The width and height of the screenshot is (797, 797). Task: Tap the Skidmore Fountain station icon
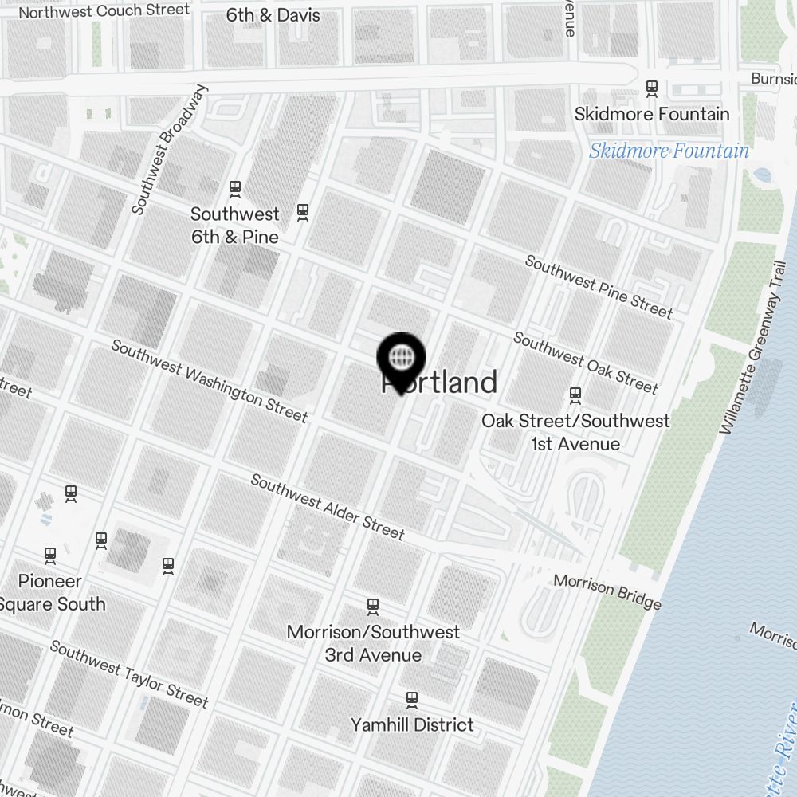[x=652, y=88]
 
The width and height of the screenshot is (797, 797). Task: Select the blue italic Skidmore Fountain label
[x=669, y=151]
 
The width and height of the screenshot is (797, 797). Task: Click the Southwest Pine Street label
[x=599, y=286]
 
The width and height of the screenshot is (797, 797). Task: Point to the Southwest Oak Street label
[x=586, y=363]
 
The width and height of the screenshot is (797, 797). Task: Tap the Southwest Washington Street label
[x=209, y=381]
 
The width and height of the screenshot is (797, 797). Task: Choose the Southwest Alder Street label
[x=328, y=506]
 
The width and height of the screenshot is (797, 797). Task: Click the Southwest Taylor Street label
[x=129, y=673]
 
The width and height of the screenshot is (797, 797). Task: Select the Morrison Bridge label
[x=607, y=591]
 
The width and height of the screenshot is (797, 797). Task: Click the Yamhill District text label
[x=412, y=725]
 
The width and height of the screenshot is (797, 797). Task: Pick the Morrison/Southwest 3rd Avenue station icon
[x=373, y=607]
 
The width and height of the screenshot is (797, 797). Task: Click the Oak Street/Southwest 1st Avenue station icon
[x=575, y=395]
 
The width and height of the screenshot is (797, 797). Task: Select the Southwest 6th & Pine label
[x=235, y=226]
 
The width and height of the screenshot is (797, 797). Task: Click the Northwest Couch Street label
[x=104, y=11]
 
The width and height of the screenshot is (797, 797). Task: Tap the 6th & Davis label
[x=273, y=15]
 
